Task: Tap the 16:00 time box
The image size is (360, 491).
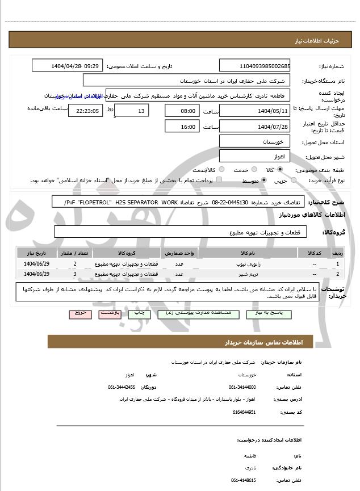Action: pyautogui.click(x=182, y=127)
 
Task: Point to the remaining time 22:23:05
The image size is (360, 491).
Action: pyautogui.click(x=85, y=111)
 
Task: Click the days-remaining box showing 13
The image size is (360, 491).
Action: pyautogui.click(x=132, y=111)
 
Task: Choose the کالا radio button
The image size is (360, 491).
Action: pyautogui.click(x=280, y=170)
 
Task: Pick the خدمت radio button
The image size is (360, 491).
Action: pyautogui.click(x=253, y=170)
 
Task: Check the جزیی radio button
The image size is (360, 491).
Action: pyautogui.click(x=294, y=180)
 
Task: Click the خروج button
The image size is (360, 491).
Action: pyautogui.click(x=79, y=313)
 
